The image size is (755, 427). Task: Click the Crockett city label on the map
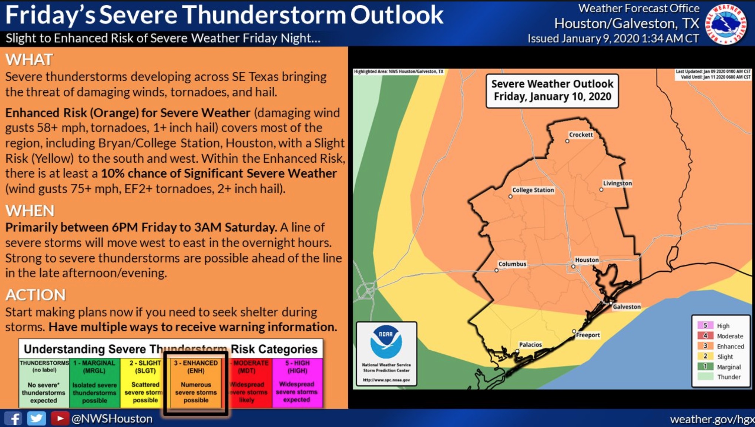tap(581, 135)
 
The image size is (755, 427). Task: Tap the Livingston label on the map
tap(617, 183)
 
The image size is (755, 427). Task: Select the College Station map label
tap(533, 190)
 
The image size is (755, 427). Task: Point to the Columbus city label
tap(512, 264)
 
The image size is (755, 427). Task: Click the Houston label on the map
tap(587, 260)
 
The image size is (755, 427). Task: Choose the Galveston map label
tap(627, 307)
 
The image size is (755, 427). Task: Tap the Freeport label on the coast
tap(588, 335)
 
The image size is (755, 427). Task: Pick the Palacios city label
tap(530, 345)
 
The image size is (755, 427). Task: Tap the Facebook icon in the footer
tap(13, 419)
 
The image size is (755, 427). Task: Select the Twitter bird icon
tap(36, 419)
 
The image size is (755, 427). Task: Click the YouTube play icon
tap(60, 419)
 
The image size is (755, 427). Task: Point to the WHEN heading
tap(30, 211)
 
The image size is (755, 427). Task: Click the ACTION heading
tap(36, 295)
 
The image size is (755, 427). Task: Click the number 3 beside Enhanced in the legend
tap(705, 346)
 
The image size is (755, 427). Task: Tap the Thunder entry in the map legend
tap(729, 377)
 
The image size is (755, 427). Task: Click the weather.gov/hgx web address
tap(712, 419)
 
